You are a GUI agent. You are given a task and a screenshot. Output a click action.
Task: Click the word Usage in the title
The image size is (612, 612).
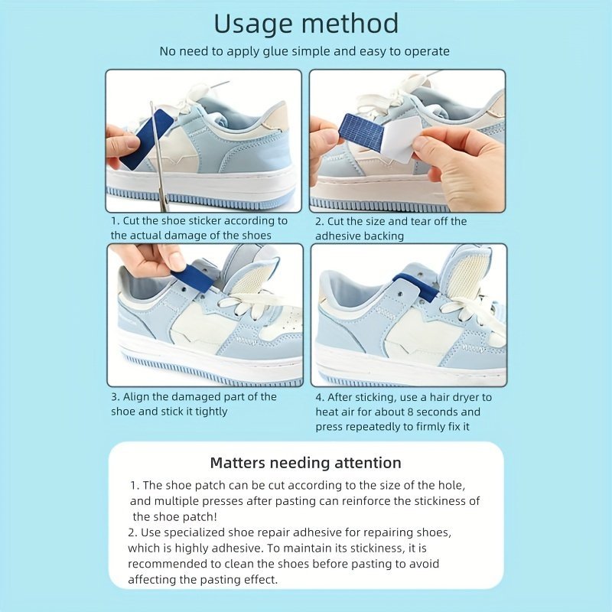(255, 25)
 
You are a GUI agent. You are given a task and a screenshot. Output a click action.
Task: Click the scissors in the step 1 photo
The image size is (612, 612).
(158, 156)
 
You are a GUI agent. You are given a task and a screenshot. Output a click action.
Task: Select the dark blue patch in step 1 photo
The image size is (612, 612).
(146, 138)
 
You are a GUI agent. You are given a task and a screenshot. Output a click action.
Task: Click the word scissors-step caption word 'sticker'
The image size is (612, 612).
(210, 221)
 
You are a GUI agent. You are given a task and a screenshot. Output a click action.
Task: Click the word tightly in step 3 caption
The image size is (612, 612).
(211, 412)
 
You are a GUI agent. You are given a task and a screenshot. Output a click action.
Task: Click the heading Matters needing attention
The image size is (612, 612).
(305, 463)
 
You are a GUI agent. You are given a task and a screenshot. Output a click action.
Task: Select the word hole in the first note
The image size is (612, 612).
(453, 486)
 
